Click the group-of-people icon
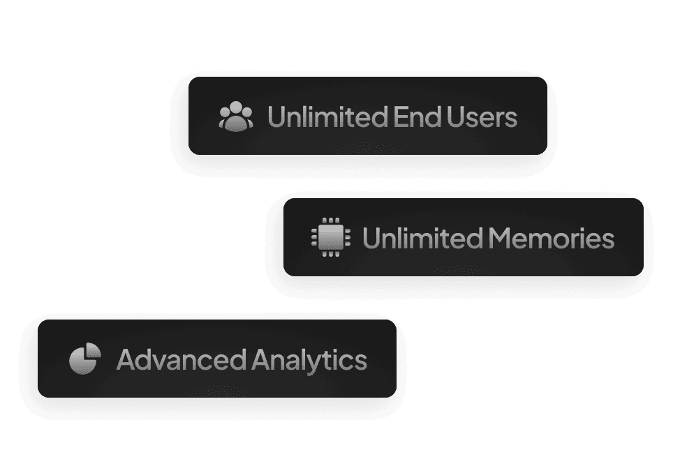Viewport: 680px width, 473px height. tap(236, 117)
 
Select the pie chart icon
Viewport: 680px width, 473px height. tap(85, 359)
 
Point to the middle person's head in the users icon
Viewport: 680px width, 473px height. tap(236, 110)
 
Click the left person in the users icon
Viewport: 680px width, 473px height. tap(226, 117)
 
